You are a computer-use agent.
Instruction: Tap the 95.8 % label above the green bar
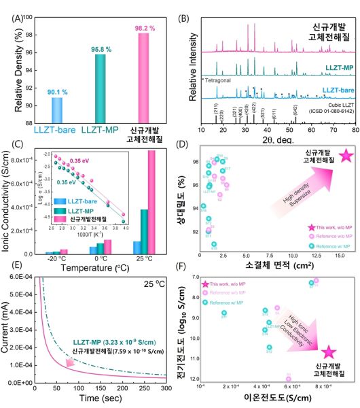pos(102,48)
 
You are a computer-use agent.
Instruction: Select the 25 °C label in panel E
pos(152,284)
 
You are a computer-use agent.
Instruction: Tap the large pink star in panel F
pos(329,351)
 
